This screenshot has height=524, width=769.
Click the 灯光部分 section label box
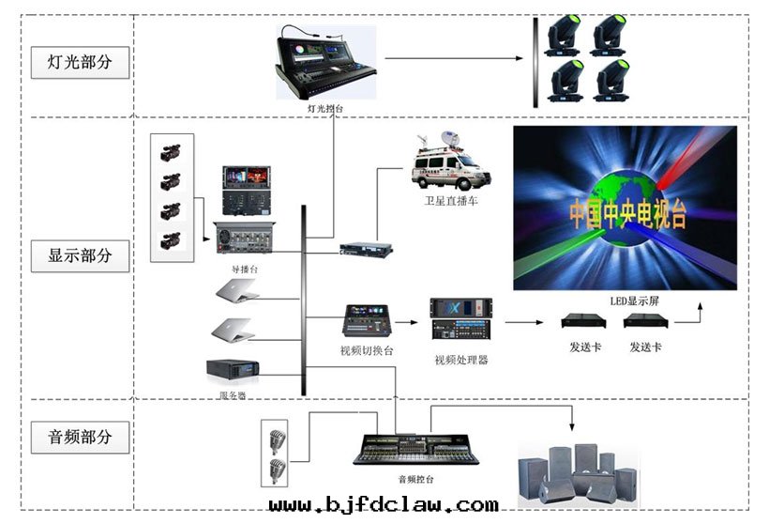(80, 63)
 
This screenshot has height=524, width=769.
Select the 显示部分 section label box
(80, 254)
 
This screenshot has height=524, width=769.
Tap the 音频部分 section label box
(80, 437)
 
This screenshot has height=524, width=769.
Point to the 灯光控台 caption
(324, 109)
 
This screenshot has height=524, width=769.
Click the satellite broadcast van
(451, 164)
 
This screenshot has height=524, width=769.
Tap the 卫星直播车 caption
(451, 201)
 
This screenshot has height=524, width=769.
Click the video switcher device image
(367, 321)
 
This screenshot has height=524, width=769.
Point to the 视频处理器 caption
(460, 360)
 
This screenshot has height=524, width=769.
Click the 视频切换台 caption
(367, 351)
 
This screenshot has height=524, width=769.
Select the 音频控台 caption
(415, 479)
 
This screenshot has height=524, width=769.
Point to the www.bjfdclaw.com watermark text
(384, 505)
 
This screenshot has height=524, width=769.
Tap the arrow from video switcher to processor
(406, 322)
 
